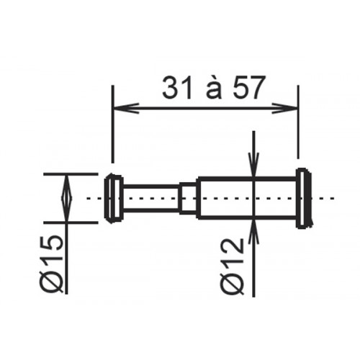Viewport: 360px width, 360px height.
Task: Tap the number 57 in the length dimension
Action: [245, 89]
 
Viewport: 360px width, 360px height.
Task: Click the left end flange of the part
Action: [112, 198]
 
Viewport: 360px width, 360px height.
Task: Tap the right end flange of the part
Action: [303, 198]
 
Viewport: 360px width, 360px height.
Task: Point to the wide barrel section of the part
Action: [245, 198]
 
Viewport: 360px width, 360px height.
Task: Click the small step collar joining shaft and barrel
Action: [187, 198]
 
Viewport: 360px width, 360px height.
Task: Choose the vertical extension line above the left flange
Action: [112, 130]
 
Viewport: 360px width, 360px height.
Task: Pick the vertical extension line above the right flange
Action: [297, 130]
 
